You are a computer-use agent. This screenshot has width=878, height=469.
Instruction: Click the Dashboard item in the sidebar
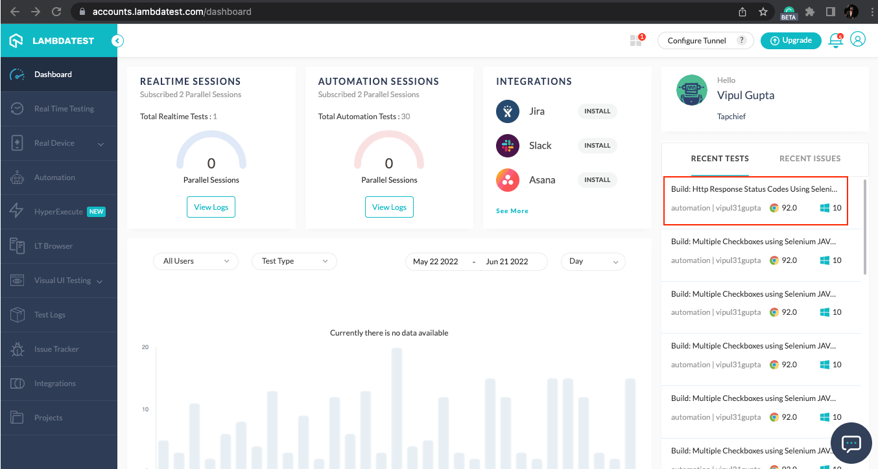tap(53, 74)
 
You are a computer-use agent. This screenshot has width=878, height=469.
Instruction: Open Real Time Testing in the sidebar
tap(64, 109)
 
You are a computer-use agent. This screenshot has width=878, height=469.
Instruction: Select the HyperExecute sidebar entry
tap(58, 212)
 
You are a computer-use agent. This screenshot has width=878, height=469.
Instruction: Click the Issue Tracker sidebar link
tap(56, 349)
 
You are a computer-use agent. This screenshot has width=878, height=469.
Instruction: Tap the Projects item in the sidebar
tap(48, 418)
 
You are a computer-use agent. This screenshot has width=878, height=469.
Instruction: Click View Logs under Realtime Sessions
tap(211, 207)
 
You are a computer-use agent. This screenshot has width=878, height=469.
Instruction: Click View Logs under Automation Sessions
tap(389, 207)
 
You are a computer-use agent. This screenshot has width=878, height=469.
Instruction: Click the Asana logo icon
tap(508, 180)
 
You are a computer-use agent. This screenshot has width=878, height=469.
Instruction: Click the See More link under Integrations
tap(512, 211)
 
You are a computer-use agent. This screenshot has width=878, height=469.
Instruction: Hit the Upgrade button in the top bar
tap(790, 41)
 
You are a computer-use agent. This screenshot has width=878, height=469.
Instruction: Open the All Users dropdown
tap(196, 261)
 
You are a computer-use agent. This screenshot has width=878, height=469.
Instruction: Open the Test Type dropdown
tap(294, 261)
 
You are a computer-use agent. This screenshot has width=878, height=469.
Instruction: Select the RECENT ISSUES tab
tap(810, 159)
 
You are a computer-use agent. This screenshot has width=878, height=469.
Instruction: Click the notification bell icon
tap(836, 41)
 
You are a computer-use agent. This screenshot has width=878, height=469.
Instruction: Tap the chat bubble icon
tap(851, 443)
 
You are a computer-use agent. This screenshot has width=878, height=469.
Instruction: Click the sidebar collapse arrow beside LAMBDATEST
tap(117, 41)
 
